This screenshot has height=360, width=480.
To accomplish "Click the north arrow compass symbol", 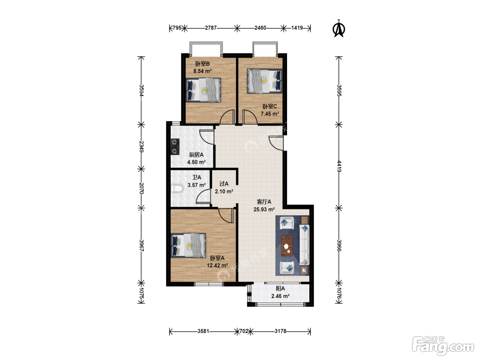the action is tap(339, 29).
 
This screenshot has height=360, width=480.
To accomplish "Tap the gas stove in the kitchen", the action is tap(175, 147).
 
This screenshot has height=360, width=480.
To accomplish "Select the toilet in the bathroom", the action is tap(177, 189).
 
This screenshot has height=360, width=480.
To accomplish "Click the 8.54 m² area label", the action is tap(203, 71).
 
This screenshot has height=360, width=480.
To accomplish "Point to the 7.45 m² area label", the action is tap(270, 114).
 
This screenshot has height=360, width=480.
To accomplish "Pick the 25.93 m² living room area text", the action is tap(264, 209).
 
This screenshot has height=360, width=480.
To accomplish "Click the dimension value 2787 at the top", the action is tap(211, 28).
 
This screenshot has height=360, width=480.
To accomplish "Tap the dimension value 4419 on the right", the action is tap(339, 166).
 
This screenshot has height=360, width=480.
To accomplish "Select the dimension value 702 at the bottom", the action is tap(244, 331).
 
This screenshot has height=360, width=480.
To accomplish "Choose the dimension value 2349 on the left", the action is tap(142, 147).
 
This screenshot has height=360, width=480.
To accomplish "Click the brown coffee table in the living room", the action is tap(287, 245).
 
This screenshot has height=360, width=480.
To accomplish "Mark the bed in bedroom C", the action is tap(265, 81).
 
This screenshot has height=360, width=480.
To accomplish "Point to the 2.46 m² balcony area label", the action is tap(280, 296).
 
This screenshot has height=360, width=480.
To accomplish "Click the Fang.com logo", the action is tap(443, 346).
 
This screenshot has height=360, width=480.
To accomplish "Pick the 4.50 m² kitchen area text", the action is tap(196, 162).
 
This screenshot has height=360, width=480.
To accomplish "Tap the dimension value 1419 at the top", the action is tap(297, 28).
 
